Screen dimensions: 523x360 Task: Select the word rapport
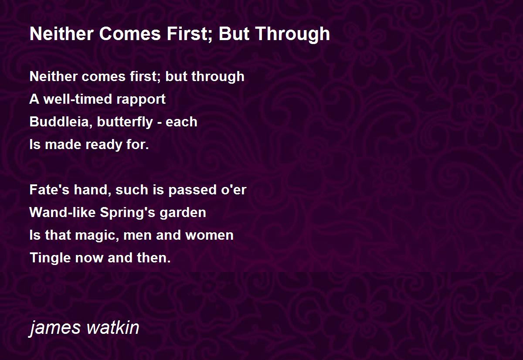pyautogui.click(x=141, y=100)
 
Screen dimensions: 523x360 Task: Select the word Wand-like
pyautogui.click(x=63, y=212)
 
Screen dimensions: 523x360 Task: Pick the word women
pyautogui.click(x=210, y=235)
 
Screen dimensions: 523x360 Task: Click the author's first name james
pyautogui.click(x=55, y=328)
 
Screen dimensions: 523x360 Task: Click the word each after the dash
pyautogui.click(x=181, y=122)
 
